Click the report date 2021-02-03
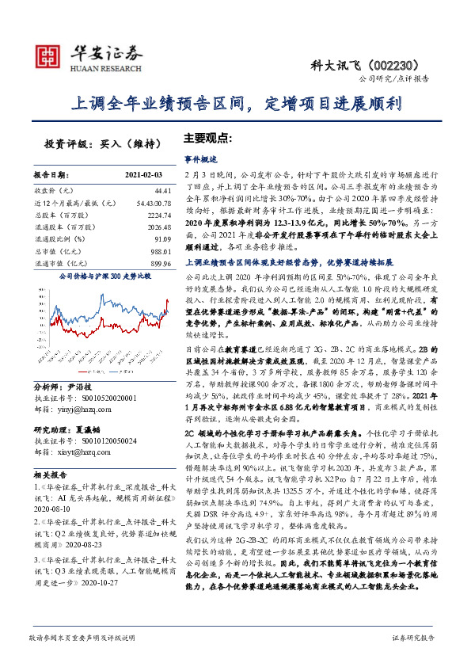click(143, 173)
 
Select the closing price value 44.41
click(162, 191)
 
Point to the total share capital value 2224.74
click(158, 214)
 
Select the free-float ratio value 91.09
click(163, 238)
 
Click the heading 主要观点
click(207, 136)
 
